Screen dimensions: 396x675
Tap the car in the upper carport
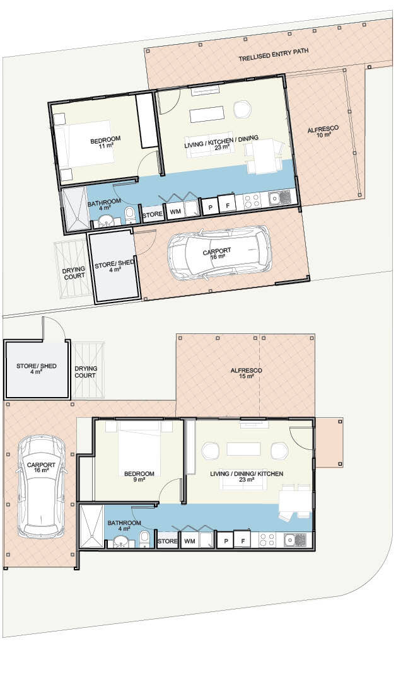219,251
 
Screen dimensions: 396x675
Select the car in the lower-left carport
42,486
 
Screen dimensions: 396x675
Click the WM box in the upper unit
175,212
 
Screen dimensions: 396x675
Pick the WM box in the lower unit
189,541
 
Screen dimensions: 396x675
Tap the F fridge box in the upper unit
227,204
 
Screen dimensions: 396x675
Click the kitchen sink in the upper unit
280,198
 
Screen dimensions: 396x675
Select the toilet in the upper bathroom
130,215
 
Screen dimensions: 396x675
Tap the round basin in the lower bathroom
119,541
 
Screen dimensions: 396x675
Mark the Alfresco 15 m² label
246,373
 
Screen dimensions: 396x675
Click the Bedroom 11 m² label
105,142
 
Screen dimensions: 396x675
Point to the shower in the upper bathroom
74,209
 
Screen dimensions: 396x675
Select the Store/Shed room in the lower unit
36,369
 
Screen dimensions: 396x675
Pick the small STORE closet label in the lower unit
167,541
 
